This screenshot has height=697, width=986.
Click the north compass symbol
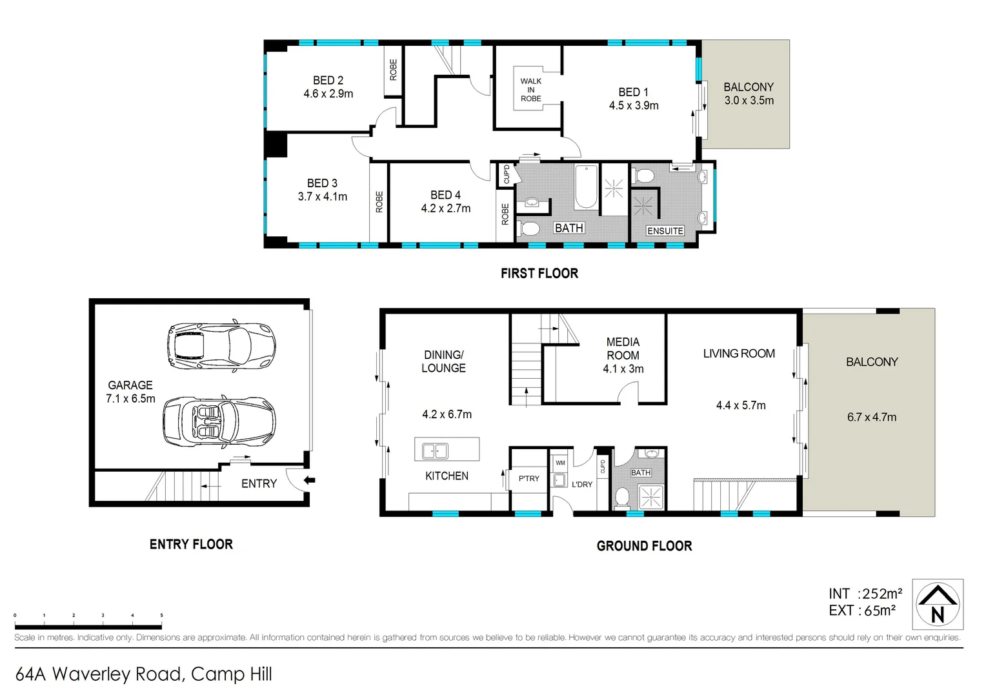coord(937,604)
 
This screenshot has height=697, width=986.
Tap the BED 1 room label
coord(633,92)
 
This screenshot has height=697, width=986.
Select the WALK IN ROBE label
coord(530,90)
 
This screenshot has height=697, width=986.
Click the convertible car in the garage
coord(219,422)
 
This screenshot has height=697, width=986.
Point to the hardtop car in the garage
coord(221,345)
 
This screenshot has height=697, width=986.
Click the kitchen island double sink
coord(435,450)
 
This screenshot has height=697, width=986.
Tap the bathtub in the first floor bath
coord(586,187)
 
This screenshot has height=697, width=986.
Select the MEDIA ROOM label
coord(623,348)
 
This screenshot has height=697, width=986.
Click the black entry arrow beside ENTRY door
coord(310,480)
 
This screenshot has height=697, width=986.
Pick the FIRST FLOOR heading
coord(539,273)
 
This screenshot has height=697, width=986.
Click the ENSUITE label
coord(665,231)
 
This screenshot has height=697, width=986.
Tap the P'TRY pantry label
coord(528,478)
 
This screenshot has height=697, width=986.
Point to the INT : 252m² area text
coord(865,594)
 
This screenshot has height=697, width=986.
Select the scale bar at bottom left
coord(88,625)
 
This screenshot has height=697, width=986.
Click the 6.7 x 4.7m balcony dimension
coord(871,417)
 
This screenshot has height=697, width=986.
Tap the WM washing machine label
coord(560,463)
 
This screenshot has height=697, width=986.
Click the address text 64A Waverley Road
coord(143,674)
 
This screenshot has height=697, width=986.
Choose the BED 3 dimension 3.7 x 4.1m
coord(322,196)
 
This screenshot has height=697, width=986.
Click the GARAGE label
coord(130,385)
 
